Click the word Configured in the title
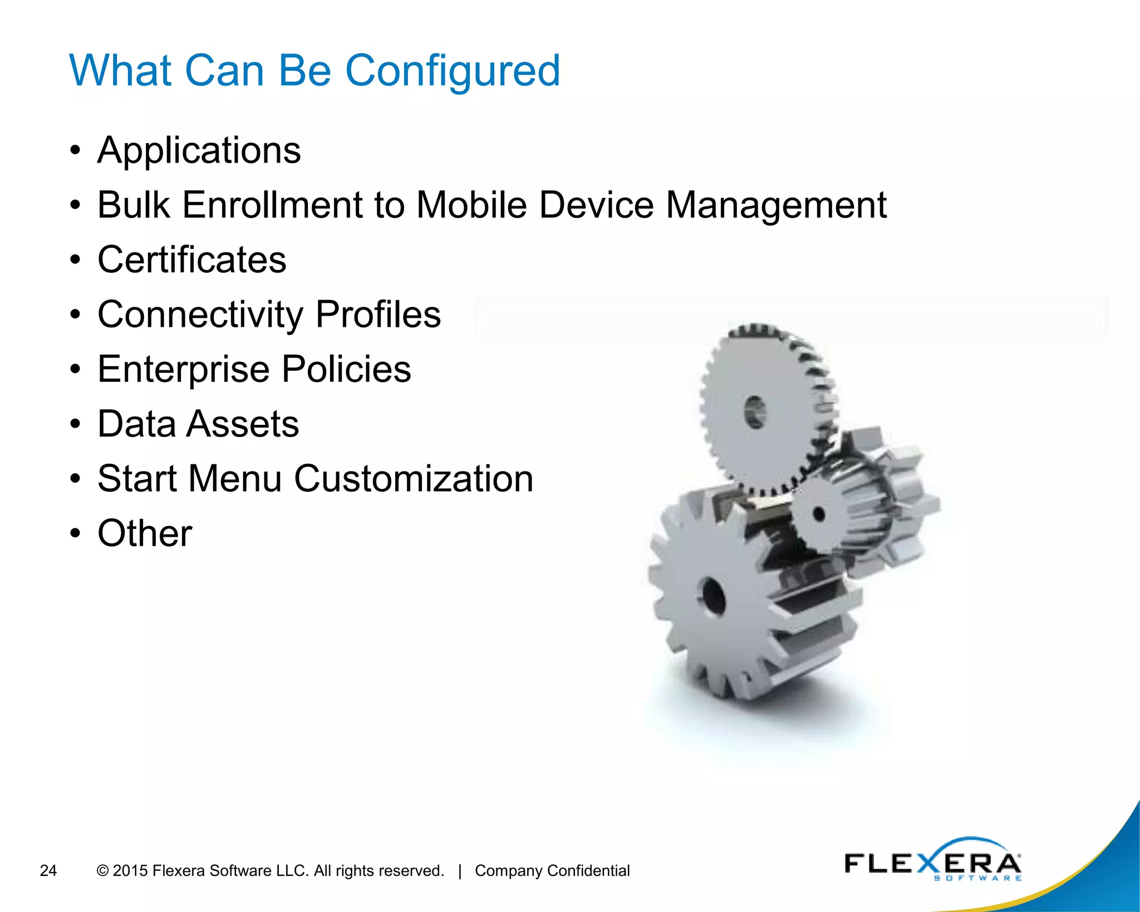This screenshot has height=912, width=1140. [452, 71]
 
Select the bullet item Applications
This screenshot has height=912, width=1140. [199, 150]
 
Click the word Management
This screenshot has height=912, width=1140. [776, 205]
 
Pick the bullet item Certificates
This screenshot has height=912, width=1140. [191, 260]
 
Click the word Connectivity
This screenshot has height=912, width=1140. [200, 315]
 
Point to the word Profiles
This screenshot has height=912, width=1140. [378, 315]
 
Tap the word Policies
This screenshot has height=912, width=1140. [346, 369]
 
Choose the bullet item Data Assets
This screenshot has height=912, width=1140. [198, 424]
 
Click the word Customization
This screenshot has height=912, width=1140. [414, 479]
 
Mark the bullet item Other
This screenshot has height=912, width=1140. [145, 533]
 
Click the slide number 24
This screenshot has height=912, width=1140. [48, 870]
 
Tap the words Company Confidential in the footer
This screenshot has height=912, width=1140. [552, 870]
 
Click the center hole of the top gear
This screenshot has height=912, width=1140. [755, 412]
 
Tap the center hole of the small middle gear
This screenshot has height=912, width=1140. [818, 513]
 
